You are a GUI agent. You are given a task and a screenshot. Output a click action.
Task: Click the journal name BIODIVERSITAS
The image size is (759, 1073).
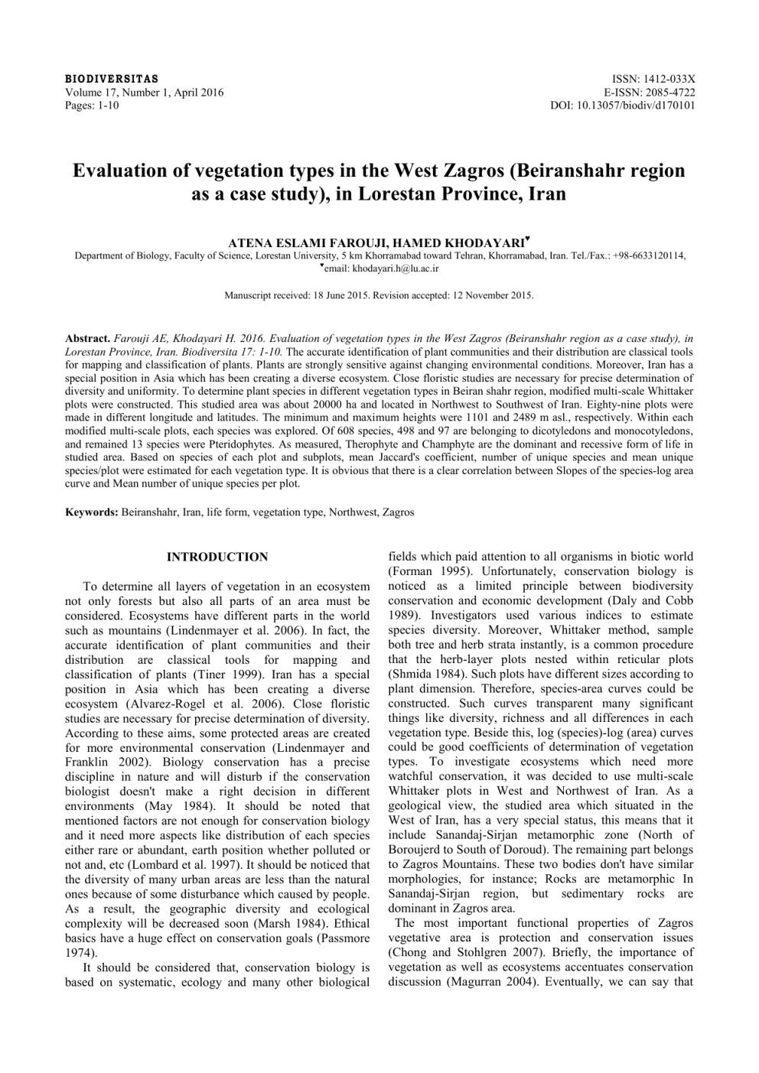[112, 80]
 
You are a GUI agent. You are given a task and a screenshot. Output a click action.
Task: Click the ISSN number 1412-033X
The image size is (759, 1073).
[670, 80]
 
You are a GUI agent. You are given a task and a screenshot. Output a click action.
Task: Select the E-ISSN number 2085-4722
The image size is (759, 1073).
[670, 93]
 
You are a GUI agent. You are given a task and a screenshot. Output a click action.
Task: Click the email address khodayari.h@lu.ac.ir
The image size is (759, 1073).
[390, 268]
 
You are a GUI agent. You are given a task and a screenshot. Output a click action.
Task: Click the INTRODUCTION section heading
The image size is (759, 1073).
[217, 557]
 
